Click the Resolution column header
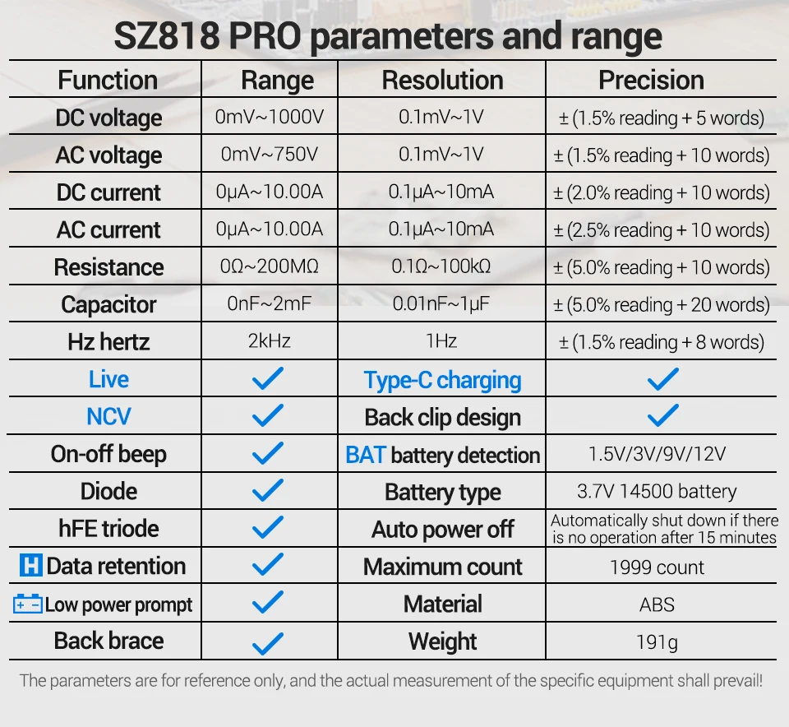coord(442,81)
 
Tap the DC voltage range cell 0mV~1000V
coord(269,118)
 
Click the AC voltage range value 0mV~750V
coord(269,155)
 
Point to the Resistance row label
coord(108,267)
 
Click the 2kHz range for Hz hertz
coord(269,341)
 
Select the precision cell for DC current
coord(661,192)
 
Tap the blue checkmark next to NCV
coord(267,416)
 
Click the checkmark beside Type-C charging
coord(662,379)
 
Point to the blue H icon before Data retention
coord(30,566)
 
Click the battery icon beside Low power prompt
coord(28,604)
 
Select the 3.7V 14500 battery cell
coord(657,492)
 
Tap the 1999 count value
coord(657,567)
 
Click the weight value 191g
coord(657,641)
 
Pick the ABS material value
coord(657,604)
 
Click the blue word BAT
coord(365,455)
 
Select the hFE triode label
coord(108,529)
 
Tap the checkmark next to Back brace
coord(267,641)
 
